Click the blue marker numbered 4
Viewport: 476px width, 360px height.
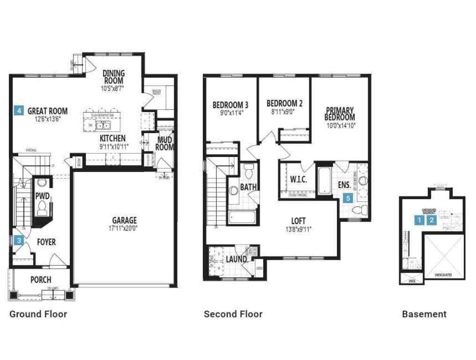coord(19,111)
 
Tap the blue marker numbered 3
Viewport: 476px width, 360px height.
coord(19,240)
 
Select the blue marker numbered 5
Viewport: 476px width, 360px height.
coord(347,198)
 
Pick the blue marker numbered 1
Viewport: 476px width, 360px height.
coord(419,219)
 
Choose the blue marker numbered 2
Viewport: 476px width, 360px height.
coord(431,219)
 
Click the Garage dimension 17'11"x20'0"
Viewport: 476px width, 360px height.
coord(124,229)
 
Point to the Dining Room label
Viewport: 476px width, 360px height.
coord(113,77)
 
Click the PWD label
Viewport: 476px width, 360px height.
coord(43,195)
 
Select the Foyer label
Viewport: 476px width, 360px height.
coord(46,242)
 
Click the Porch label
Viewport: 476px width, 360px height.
coord(41,280)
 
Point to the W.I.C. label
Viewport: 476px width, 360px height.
coord(298,180)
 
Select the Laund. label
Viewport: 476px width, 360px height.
coord(237,260)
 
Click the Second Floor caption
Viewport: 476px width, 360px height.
coord(233,314)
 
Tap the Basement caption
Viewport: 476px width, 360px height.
coord(424,314)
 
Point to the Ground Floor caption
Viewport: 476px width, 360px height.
coord(38,314)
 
